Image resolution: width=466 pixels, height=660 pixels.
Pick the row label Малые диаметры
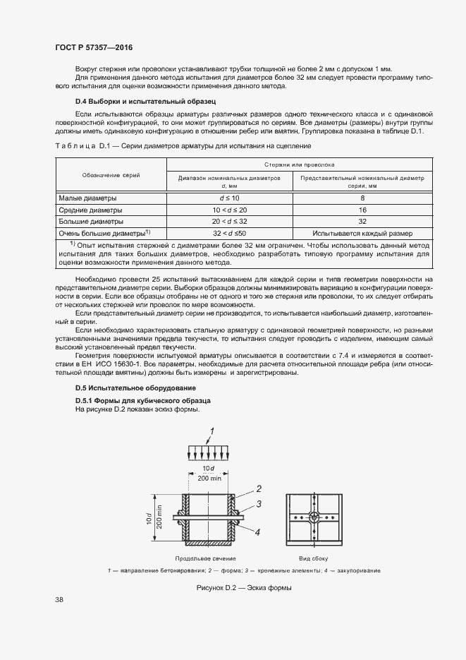(x=87, y=198)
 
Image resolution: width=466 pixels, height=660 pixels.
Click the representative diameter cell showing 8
(x=361, y=198)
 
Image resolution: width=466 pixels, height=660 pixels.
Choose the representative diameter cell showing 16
(x=361, y=210)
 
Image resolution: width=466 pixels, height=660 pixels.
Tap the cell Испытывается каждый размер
(x=361, y=232)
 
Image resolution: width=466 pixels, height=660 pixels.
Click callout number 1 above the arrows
(x=211, y=431)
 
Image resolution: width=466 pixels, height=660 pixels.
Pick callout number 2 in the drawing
(x=259, y=488)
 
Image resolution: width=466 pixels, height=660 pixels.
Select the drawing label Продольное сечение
(x=209, y=558)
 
